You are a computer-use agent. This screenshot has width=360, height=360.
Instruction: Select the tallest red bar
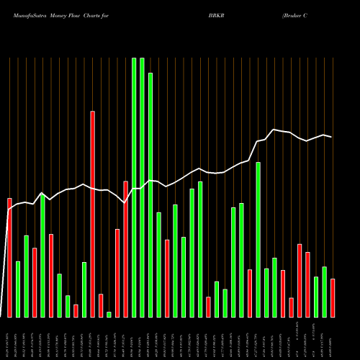pyautogui.click(x=92, y=214)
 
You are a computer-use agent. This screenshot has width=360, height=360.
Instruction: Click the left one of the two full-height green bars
pyautogui.click(x=134, y=187)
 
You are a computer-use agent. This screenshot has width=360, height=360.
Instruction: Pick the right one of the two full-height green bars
pyautogui.click(x=142, y=187)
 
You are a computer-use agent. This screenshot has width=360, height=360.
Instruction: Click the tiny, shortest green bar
pyautogui.click(x=109, y=314)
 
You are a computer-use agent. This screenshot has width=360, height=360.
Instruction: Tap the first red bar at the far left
pyautogui.click(x=9, y=257)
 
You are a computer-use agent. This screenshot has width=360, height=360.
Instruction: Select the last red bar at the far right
pyautogui.click(x=333, y=297)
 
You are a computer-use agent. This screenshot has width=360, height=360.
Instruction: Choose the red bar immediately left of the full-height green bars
pyautogui.click(x=125, y=248)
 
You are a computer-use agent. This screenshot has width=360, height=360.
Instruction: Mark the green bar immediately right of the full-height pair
pyautogui.click(x=150, y=194)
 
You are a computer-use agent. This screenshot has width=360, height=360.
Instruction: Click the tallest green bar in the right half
pyautogui.click(x=258, y=239)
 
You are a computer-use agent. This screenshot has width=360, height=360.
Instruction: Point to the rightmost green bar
pyautogui.click(x=324, y=292)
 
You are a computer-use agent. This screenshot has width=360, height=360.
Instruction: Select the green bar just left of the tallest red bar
pyautogui.click(x=84, y=289)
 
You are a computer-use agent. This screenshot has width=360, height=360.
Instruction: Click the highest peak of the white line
pyautogui.click(x=274, y=130)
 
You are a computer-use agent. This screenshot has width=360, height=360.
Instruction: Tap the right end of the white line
pyautogui.click(x=332, y=137)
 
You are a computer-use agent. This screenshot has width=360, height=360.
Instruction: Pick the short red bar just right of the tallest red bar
pyautogui.click(x=101, y=305)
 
